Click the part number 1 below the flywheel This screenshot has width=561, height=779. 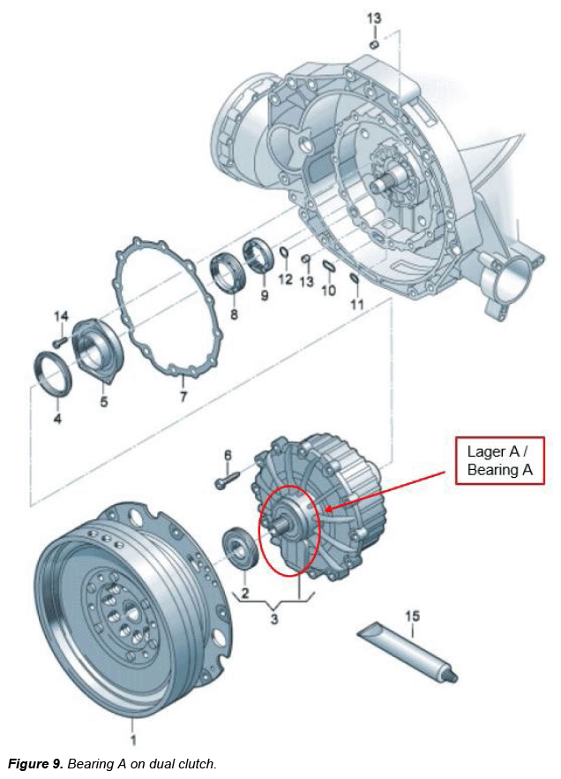click(x=133, y=739)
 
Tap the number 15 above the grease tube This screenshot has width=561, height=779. click(x=413, y=616)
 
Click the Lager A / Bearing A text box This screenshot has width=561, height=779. click(x=500, y=460)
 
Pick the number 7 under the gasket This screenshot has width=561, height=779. click(x=183, y=397)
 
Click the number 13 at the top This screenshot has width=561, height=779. click(x=374, y=19)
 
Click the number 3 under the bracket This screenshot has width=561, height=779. click(x=274, y=619)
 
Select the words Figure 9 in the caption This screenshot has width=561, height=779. click(x=33, y=763)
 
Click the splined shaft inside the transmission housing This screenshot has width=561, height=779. click(x=391, y=185)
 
